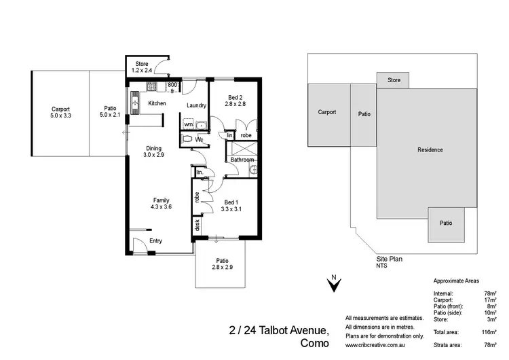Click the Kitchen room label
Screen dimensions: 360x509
(x=157, y=103)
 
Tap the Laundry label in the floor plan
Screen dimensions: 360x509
(x=196, y=105)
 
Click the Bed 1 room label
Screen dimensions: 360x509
(x=231, y=201)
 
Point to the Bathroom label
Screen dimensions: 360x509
(x=242, y=160)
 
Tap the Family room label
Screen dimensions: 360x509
(x=161, y=200)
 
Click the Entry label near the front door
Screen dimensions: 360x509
(x=156, y=241)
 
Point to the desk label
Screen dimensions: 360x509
(x=197, y=223)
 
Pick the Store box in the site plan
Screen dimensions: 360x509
(x=394, y=80)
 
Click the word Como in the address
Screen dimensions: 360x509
(x=315, y=344)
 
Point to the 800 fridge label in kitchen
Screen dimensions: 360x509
(x=172, y=85)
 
